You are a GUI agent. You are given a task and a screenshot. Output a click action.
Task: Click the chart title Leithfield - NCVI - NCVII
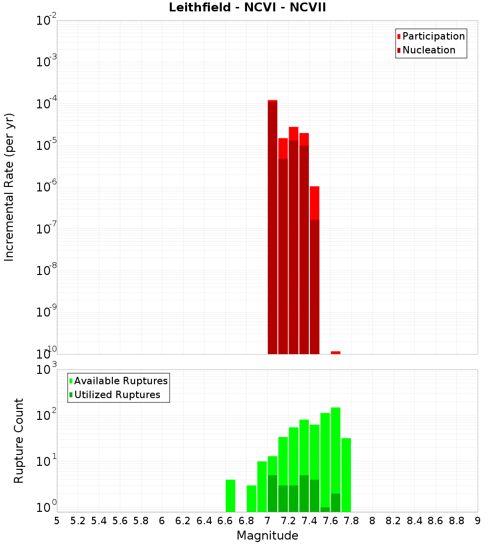click(x=247, y=8)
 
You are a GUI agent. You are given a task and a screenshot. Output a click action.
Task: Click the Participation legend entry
click(x=433, y=36)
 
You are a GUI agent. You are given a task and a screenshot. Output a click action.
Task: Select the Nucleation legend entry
click(x=428, y=50)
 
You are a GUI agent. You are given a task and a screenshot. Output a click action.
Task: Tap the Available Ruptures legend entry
click(x=120, y=381)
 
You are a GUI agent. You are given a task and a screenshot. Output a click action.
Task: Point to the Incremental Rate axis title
click(x=9, y=187)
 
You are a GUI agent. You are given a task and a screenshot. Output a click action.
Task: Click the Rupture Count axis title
click(x=19, y=440)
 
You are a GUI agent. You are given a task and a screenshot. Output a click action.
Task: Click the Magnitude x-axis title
click(x=267, y=536)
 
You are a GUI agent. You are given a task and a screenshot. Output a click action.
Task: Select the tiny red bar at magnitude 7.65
click(x=336, y=353)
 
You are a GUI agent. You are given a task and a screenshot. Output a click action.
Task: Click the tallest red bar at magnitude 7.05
click(x=272, y=227)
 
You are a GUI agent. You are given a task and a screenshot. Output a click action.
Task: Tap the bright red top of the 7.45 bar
click(x=314, y=203)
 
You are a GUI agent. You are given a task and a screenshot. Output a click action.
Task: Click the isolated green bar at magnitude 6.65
click(x=230, y=496)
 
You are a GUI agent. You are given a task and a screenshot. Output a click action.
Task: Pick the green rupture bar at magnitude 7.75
click(x=346, y=475)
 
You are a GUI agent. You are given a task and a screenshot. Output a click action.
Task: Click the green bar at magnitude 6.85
click(x=251, y=499)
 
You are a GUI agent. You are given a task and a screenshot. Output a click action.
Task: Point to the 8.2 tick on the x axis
click(x=394, y=521)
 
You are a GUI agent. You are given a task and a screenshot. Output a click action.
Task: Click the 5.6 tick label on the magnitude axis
click(x=120, y=521)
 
